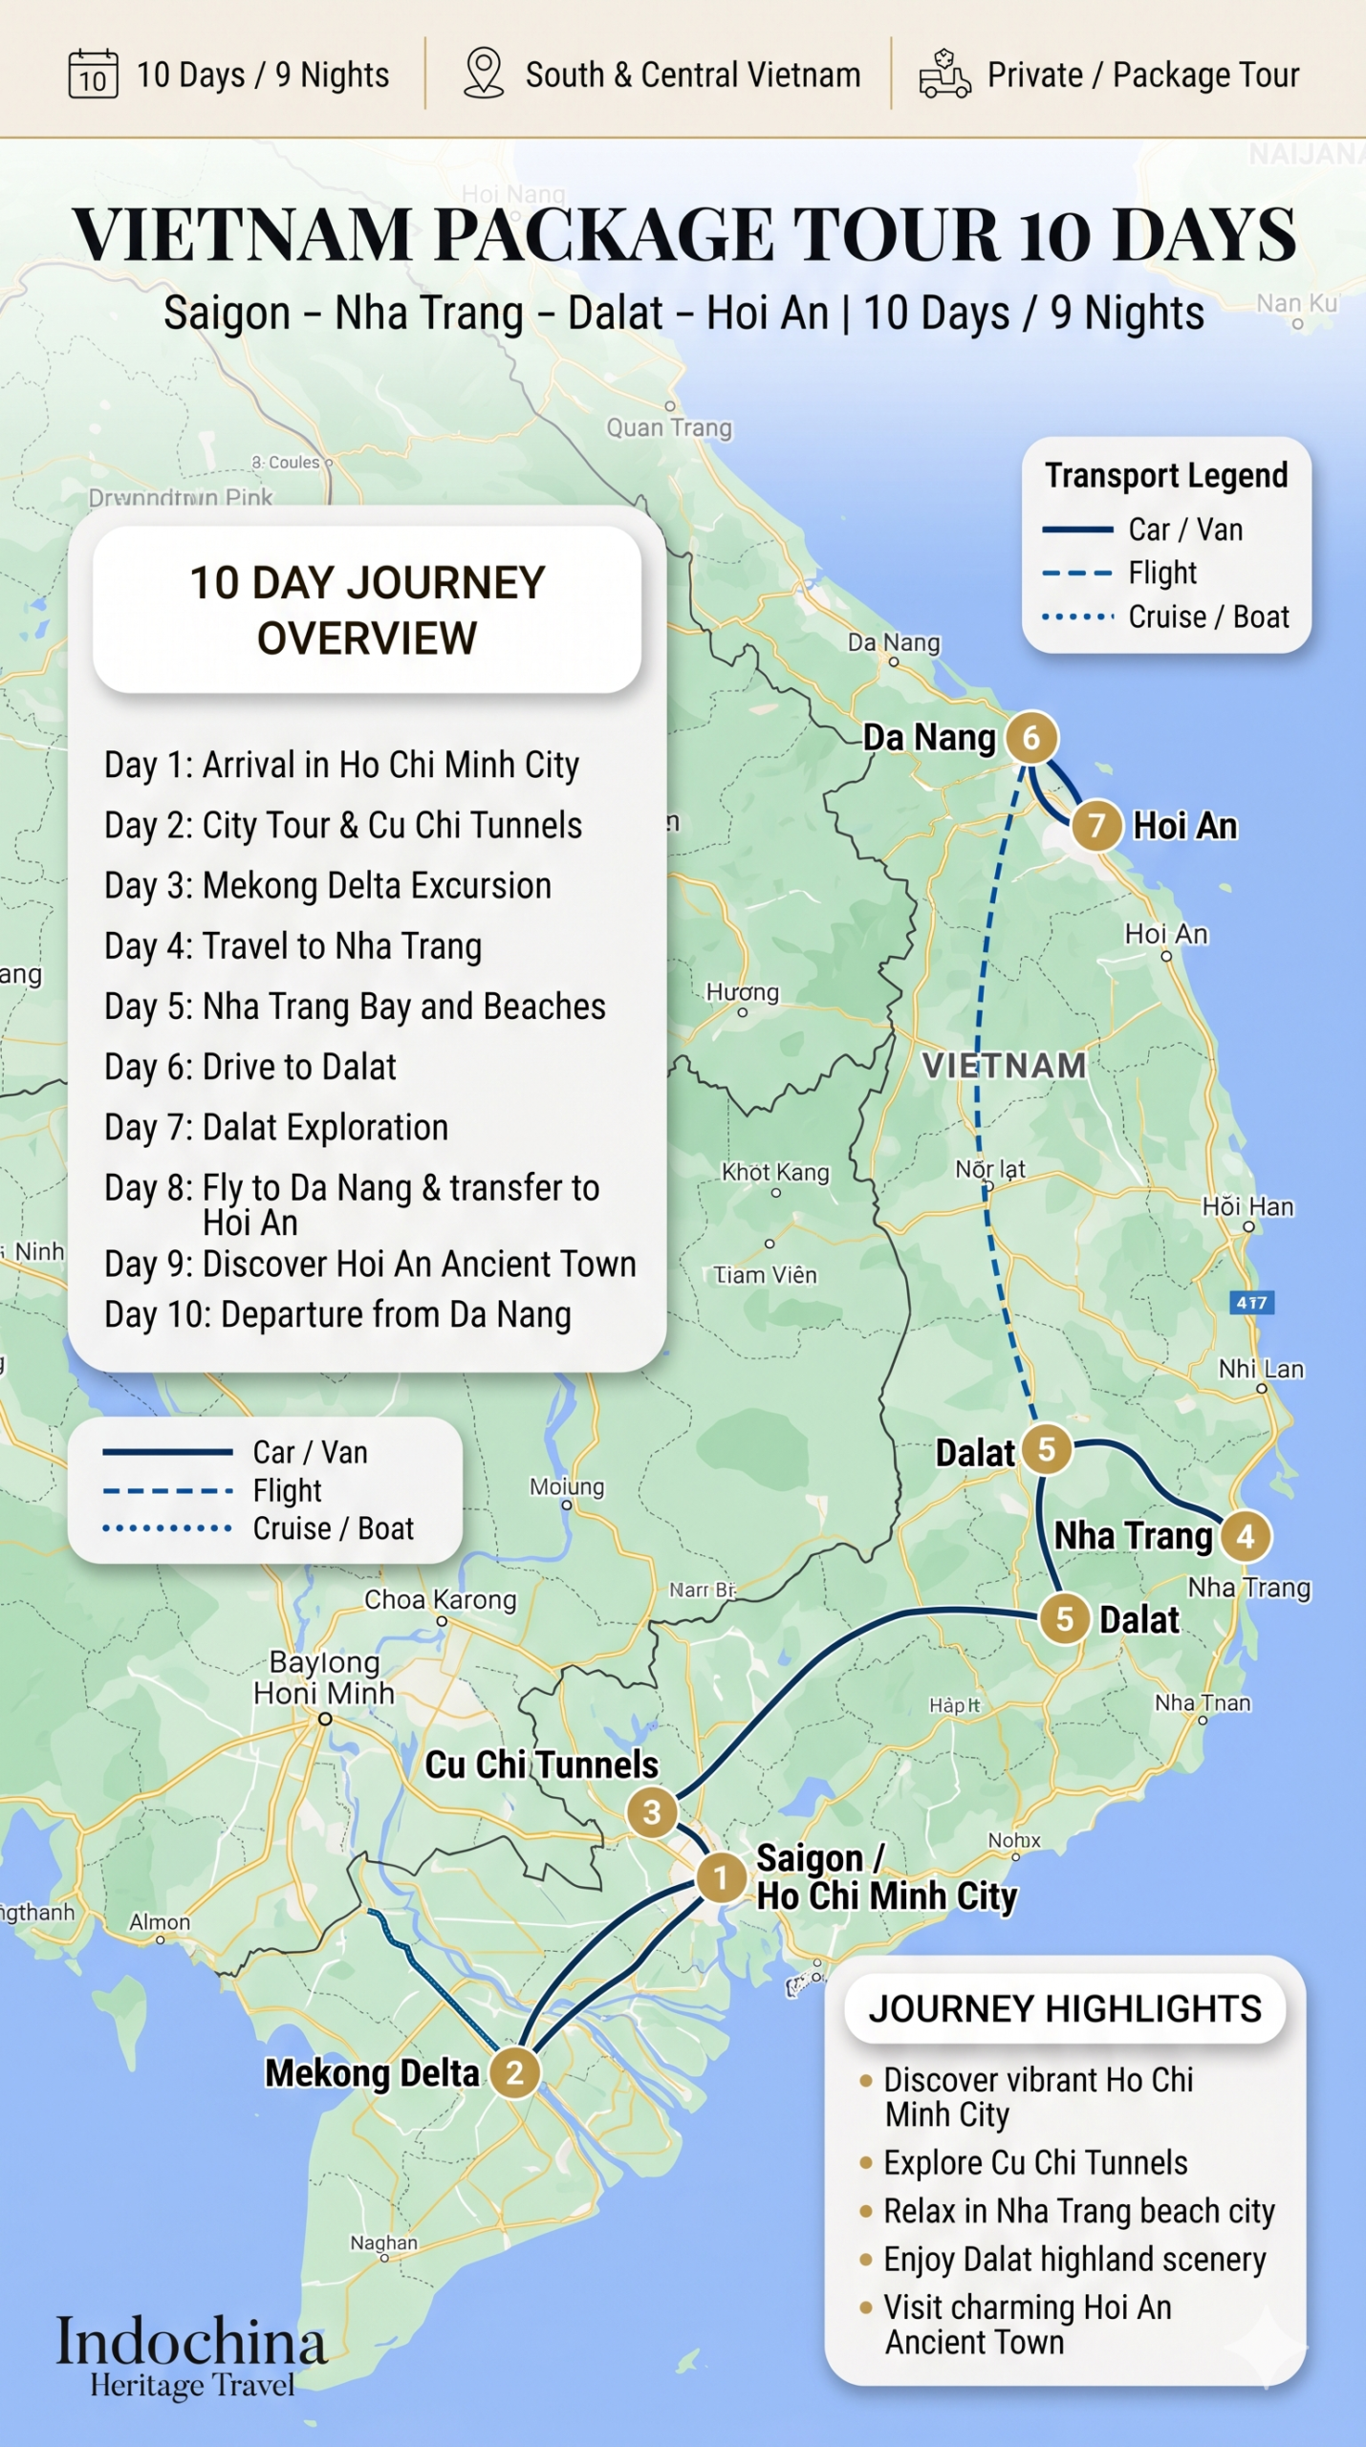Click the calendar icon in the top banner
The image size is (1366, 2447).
click(93, 75)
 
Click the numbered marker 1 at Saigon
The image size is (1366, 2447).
click(721, 1877)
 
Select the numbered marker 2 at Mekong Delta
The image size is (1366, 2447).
click(514, 2072)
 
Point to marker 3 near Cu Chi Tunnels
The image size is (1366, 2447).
click(652, 1811)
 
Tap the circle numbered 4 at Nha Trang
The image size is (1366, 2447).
click(1246, 1536)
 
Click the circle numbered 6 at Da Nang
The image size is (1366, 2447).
click(1030, 737)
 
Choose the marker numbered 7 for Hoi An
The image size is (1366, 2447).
click(1095, 825)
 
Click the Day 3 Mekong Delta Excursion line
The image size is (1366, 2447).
click(328, 885)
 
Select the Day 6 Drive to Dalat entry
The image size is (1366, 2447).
click(250, 1067)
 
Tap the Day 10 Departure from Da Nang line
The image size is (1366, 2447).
click(337, 1314)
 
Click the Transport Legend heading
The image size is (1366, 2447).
click(1166, 475)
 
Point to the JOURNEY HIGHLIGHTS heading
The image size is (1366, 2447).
click(1065, 2008)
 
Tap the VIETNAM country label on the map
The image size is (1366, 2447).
click(1004, 1065)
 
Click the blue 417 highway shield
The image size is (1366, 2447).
click(1251, 1302)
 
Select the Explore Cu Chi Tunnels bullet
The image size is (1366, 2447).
click(1034, 2162)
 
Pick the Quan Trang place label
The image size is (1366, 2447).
click(669, 427)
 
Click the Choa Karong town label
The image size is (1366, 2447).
click(440, 1599)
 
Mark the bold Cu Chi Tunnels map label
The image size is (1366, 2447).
click(542, 1765)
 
